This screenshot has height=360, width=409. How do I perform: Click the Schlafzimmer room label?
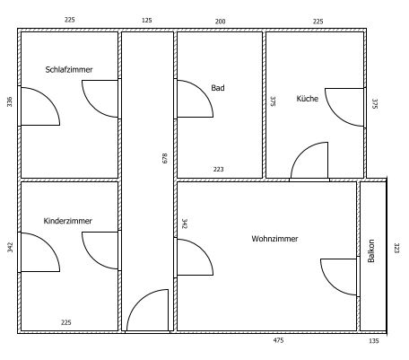[69, 69]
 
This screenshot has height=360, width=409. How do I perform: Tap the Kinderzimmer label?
[68, 221]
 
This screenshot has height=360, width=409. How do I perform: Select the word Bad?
[218, 88]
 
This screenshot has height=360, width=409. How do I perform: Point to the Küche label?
[308, 99]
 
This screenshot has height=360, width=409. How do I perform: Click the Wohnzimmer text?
[274, 239]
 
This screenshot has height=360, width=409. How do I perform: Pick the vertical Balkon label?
[371, 250]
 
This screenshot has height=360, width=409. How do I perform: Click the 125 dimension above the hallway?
[146, 21]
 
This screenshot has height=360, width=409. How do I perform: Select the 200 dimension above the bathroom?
[220, 22]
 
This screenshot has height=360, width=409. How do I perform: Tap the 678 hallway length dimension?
[165, 158]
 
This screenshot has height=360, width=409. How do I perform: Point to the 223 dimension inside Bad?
[218, 169]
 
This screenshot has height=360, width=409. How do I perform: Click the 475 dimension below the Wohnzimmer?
[278, 340]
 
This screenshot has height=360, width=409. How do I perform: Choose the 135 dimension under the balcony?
[374, 340]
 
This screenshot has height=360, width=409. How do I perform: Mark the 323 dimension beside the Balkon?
[396, 248]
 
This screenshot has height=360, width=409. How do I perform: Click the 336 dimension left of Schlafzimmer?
[10, 101]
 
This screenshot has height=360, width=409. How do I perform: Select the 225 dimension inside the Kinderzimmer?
[66, 322]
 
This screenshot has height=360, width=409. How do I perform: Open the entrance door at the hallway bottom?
[147, 311]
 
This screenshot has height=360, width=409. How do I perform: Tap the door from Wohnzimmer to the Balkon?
[339, 277]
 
